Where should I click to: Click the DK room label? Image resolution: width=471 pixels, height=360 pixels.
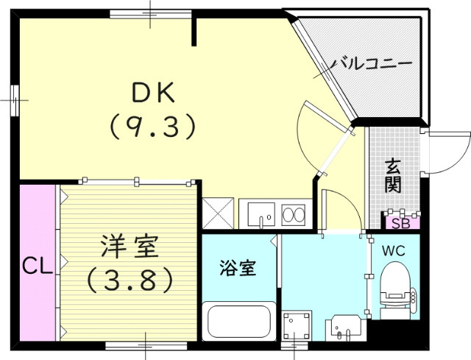152,93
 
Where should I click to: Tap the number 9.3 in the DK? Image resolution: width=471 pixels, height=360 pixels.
153,127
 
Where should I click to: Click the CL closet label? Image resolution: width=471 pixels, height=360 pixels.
36,265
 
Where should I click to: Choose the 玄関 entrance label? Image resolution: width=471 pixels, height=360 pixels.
393,174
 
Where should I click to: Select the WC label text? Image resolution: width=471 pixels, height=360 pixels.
393,250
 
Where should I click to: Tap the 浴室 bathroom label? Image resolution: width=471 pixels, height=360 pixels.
237,268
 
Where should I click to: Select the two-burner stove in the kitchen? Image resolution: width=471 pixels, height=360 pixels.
294,215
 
